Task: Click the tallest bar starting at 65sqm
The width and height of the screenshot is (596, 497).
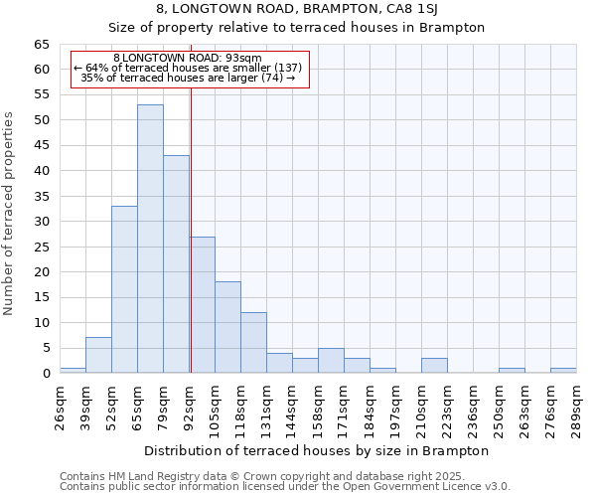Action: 150,239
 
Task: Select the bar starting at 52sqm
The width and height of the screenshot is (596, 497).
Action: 124,289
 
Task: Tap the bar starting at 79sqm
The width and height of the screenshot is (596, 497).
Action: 176,264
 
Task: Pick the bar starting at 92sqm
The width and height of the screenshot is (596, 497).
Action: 203,304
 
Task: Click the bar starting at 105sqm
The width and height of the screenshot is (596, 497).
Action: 227,327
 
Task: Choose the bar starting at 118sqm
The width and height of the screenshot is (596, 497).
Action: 253,343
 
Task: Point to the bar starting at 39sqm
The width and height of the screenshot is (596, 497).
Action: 98,355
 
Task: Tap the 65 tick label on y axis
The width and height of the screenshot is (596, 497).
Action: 41,45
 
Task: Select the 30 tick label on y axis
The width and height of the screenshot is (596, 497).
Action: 41,222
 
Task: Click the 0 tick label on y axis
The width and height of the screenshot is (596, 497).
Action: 46,374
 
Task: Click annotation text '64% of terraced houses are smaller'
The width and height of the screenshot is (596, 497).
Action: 188,68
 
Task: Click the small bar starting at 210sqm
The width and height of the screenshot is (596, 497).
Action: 434,366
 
